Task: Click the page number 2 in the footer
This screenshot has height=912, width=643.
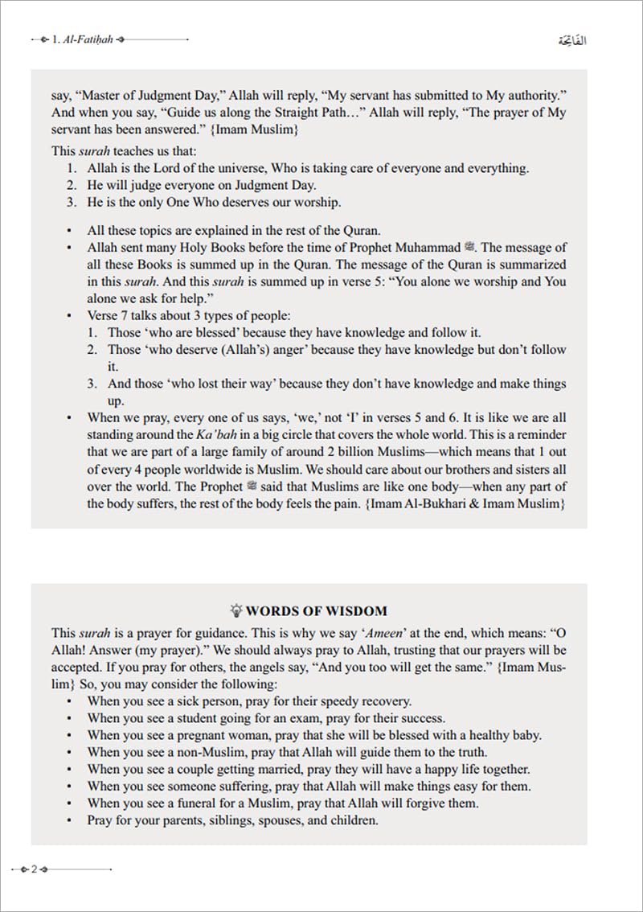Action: [x=35, y=869]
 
